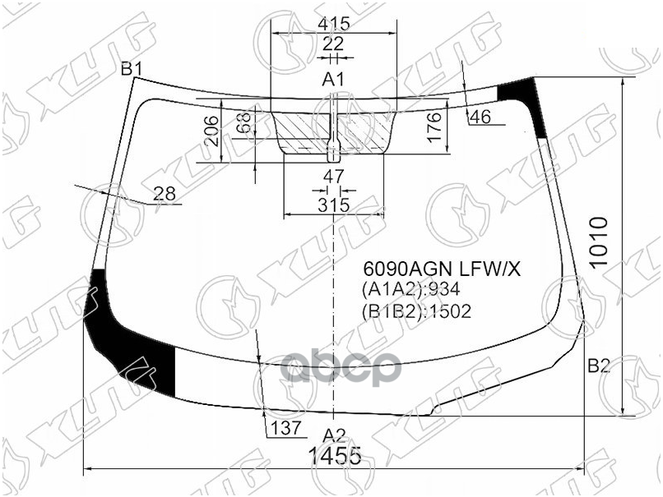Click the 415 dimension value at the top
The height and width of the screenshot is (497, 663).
pos(333,24)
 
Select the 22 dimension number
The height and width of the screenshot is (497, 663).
pos(332,44)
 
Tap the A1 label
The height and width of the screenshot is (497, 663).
pos(332,80)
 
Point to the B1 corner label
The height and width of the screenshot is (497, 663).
pos(132,69)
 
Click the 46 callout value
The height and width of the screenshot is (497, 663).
pos(480,117)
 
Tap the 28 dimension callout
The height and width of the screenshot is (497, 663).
pos(165,194)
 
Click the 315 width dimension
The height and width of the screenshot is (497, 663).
pos(333,205)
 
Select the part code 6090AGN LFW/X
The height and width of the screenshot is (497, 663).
pos(430,269)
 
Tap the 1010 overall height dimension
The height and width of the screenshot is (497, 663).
pos(600,244)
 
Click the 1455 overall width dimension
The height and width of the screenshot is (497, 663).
pos(335,457)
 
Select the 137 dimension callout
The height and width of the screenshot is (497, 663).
pos(285,428)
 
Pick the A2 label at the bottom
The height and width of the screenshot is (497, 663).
pos(332,435)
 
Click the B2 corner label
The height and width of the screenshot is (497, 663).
pos(598,366)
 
